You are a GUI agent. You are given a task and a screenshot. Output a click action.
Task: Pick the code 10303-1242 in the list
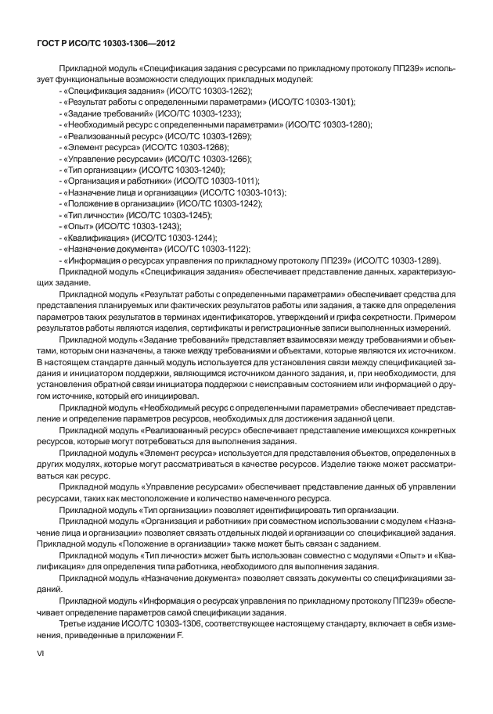(x=240, y=203)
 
